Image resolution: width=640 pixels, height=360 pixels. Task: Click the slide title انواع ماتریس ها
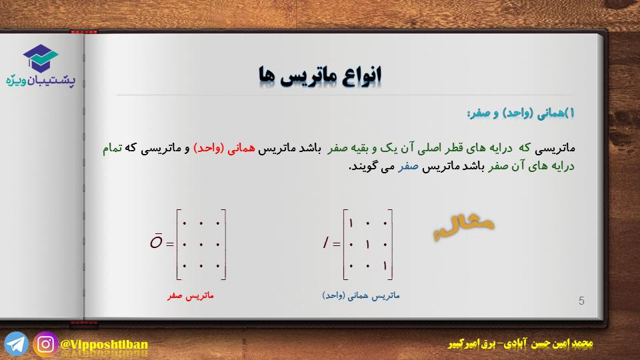(x=320, y=75)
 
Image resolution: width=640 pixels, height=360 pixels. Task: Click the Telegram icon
(x=16, y=344)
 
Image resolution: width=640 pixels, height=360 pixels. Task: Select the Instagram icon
(x=45, y=344)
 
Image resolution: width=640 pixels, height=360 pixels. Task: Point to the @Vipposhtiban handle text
(x=104, y=345)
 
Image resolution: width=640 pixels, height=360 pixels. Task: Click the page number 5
(x=581, y=301)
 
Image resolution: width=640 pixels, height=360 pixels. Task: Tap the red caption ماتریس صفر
(x=190, y=295)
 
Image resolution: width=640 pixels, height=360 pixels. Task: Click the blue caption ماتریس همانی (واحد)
(x=361, y=295)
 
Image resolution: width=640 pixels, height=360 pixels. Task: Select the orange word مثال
(x=463, y=226)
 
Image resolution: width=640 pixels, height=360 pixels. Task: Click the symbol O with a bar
(x=156, y=241)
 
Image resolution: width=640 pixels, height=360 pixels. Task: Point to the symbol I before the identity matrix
(x=325, y=243)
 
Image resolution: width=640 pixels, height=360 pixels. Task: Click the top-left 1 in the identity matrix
(x=351, y=223)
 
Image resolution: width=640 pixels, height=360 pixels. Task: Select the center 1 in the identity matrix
(x=368, y=245)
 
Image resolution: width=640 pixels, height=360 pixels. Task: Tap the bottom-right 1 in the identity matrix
(x=385, y=266)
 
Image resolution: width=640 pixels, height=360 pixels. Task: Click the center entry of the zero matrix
(x=201, y=245)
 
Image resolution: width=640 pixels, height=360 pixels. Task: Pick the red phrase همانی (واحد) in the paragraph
(x=224, y=148)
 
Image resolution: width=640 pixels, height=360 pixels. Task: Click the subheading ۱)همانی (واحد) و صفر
(x=521, y=113)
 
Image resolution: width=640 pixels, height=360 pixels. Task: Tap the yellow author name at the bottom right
(x=521, y=344)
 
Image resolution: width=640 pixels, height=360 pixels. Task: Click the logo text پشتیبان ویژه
(x=41, y=81)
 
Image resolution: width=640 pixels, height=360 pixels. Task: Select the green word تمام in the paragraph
(x=112, y=148)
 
